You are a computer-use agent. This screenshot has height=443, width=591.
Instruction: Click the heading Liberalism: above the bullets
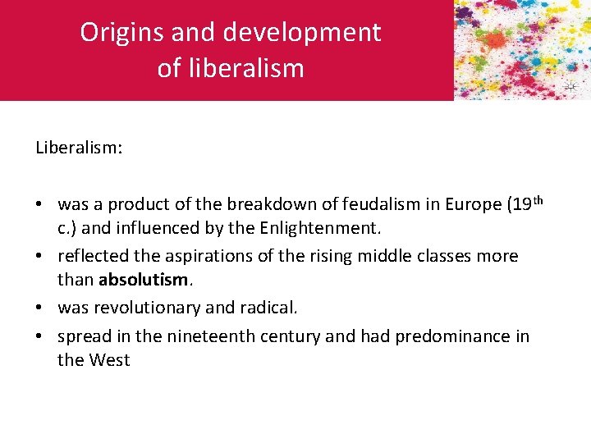[79, 148]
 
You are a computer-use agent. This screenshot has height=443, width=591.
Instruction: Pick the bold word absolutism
[144, 280]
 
